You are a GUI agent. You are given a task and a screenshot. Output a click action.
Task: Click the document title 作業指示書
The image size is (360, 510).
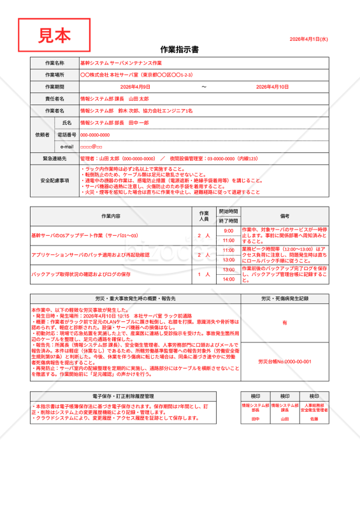click(x=180, y=49)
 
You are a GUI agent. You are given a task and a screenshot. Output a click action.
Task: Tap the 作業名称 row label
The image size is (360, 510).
click(x=54, y=63)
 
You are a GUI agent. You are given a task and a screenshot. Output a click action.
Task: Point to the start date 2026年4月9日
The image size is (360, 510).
click(x=135, y=87)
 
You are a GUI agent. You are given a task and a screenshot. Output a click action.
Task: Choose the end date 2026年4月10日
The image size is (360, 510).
click(x=272, y=87)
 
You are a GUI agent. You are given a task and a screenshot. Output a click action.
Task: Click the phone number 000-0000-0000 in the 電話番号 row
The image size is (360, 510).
click(x=95, y=135)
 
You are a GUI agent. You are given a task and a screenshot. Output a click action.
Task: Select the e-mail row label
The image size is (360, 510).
click(x=67, y=147)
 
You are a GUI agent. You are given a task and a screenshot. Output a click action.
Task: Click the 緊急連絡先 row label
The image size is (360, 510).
click(x=54, y=158)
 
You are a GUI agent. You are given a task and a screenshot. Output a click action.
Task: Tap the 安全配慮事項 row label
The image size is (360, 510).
click(x=54, y=180)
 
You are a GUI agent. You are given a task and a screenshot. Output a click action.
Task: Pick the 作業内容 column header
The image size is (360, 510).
click(x=110, y=216)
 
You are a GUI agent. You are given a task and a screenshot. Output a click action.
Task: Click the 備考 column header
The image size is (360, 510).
click(x=285, y=216)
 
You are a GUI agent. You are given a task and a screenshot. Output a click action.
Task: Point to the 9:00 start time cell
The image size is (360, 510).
click(x=229, y=231)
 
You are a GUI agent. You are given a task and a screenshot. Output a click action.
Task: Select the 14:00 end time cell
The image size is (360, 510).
click(x=229, y=279)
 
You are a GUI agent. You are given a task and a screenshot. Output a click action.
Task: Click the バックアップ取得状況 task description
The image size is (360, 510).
click(x=81, y=274)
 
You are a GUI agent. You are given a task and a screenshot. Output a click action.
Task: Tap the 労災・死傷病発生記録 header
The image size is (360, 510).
click(x=285, y=298)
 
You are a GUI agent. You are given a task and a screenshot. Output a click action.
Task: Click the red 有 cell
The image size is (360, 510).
click(x=285, y=323)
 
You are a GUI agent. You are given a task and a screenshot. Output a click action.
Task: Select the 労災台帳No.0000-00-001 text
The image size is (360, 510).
click(x=285, y=361)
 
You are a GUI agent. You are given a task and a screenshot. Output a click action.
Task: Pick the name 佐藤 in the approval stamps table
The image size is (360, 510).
click(x=314, y=419)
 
